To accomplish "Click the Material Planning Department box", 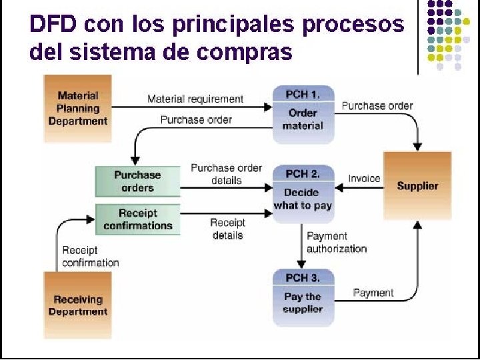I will point(77,109).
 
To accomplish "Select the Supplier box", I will point(417,185).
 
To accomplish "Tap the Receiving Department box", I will point(77,305).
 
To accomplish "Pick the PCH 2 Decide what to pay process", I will point(303,190).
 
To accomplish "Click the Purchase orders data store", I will point(137,181).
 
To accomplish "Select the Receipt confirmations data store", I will point(137,219).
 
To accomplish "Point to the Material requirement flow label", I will point(195,99).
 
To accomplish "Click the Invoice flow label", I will point(364,178).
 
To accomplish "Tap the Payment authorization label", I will point(337,242).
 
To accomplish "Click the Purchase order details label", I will point(226,174).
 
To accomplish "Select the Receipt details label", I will point(227,229).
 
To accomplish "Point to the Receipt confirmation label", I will point(90,256).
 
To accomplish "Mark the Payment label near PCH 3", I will point(373,292).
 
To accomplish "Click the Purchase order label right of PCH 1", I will point(377,105).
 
